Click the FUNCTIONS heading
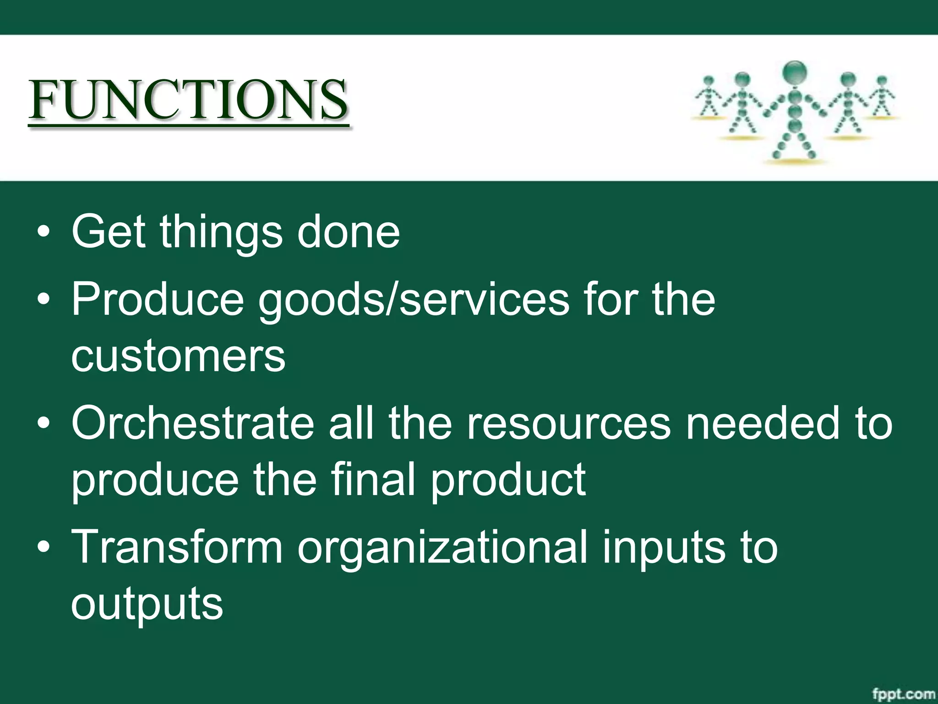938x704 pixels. (x=188, y=100)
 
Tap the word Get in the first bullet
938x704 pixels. (x=108, y=232)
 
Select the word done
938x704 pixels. (x=348, y=232)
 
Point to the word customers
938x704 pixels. (x=178, y=356)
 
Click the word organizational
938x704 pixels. (x=442, y=548)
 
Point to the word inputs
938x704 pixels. (x=664, y=548)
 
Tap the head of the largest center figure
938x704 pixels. (x=795, y=72)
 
